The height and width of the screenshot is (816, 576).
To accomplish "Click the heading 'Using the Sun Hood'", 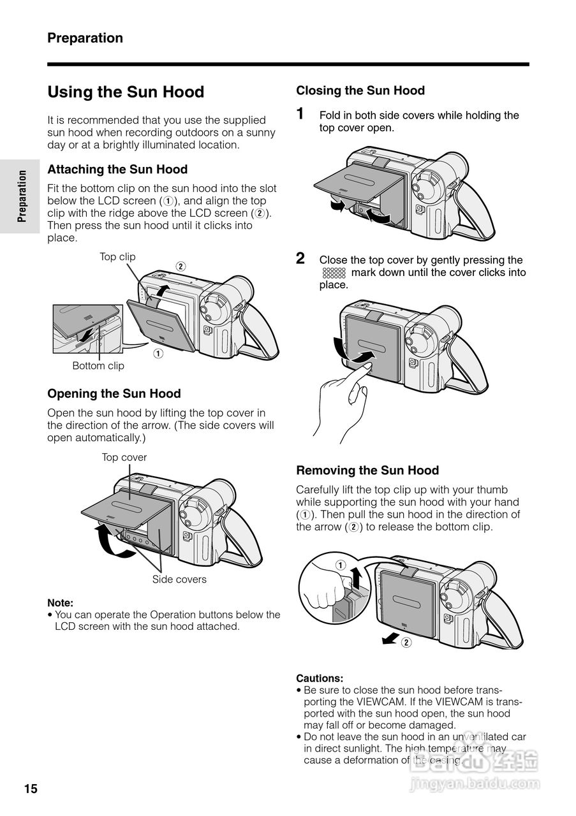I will pos(126,92).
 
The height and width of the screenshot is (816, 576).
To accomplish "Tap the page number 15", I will pos(31,789).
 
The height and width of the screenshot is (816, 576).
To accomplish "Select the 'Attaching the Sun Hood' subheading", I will pos(117,170).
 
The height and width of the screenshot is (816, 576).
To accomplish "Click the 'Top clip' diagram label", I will pos(117,257).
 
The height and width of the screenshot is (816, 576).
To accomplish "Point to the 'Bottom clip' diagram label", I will pos(98,366).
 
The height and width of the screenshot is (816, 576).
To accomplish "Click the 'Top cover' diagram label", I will pos(124,458).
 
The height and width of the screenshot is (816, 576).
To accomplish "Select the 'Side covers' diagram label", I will pos(179,579).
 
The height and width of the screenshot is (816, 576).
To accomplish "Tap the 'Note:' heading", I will pos(60,603).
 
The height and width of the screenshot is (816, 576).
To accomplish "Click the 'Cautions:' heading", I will pos(320,678).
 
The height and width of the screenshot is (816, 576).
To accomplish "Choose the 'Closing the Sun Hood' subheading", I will pos(360,91).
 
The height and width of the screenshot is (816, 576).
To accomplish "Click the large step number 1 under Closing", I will pos(300,114).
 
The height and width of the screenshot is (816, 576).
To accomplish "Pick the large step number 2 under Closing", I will pos(300,258).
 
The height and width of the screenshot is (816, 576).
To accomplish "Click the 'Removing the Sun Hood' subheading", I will pos(367,470).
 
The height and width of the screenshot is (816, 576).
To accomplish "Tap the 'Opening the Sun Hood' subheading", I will pos(114,394).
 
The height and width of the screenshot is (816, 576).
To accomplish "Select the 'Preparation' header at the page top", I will pos(85,38).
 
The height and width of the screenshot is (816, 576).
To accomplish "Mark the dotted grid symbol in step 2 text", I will pos(334,273).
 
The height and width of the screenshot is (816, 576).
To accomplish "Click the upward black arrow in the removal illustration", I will pos(357,578).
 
